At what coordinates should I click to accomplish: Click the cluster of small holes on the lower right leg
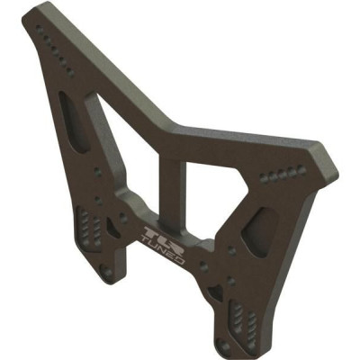click(236, 314)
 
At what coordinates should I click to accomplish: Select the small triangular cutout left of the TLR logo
click(115, 225)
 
